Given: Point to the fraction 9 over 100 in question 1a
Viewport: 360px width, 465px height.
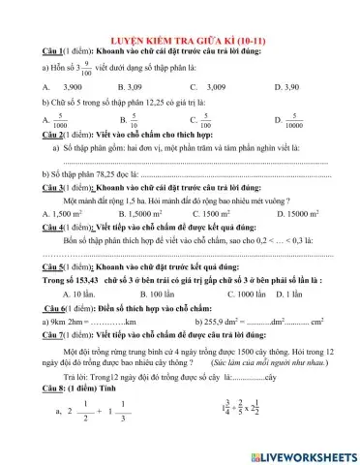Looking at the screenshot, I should point(87,65).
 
